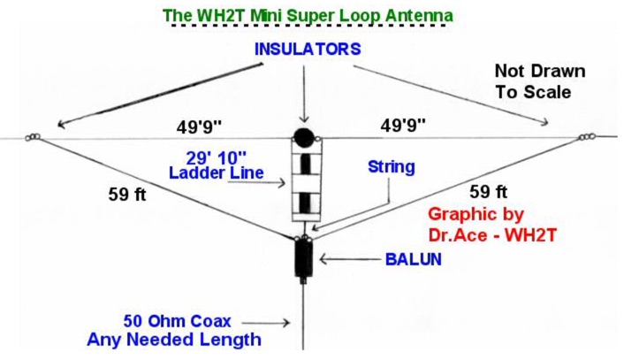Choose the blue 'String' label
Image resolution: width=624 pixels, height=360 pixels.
point(390,165)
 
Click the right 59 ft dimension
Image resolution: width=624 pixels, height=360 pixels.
point(489,191)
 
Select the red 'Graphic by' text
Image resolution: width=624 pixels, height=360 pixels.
point(476,214)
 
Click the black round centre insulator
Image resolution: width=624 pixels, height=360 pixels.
point(303,139)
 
